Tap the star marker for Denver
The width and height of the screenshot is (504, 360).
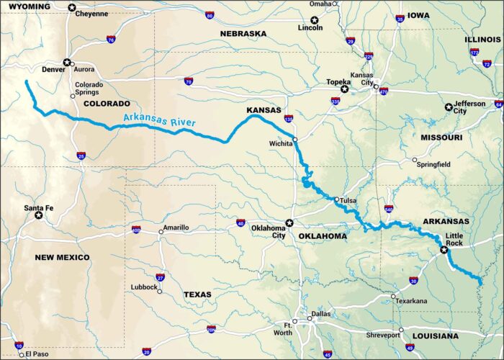pyautogui.click(x=67, y=63)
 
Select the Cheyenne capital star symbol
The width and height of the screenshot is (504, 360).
pyautogui.click(x=71, y=8)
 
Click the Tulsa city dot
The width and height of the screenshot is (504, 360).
pyautogui.click(x=336, y=199)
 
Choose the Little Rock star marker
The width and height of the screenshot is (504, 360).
pyautogui.click(x=444, y=251)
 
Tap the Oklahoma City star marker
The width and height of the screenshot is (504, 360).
pyautogui.click(x=289, y=222)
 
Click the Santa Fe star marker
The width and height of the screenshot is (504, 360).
pyautogui.click(x=49, y=215)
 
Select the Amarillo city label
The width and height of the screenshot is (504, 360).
pyautogui.click(x=176, y=228)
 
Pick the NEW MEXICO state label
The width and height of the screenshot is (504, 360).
pyautogui.click(x=63, y=257)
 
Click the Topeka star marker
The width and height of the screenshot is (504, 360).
pyautogui.click(x=344, y=89)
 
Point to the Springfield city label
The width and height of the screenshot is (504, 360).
pyautogui.click(x=433, y=164)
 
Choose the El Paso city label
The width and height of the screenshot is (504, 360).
pyautogui.click(x=37, y=354)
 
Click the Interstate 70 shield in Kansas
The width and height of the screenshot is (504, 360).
pyautogui.click(x=189, y=82)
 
